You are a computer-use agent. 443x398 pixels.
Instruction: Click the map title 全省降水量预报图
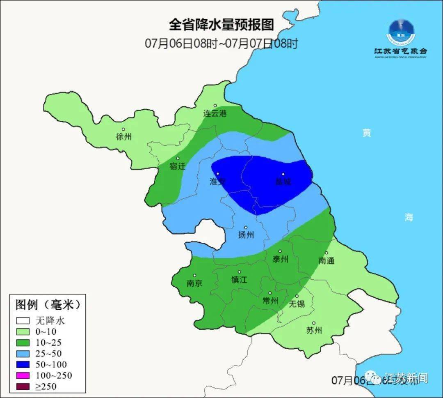click(221, 25)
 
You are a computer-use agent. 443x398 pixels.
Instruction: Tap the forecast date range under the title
click(221, 43)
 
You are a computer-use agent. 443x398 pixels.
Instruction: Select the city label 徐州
click(124, 137)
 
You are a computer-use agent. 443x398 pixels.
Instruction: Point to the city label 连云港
click(215, 113)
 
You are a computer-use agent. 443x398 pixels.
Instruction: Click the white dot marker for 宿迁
click(178, 159)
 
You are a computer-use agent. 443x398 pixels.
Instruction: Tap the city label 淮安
click(218, 182)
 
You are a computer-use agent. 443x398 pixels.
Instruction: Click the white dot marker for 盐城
click(283, 174)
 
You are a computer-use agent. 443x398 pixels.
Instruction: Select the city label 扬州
click(246, 235)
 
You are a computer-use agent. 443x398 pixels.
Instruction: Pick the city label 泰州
click(281, 259)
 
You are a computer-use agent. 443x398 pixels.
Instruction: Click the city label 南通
click(327, 260)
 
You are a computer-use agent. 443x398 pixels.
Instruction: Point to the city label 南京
click(194, 283)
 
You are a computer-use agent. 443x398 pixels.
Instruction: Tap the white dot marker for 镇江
click(240, 272)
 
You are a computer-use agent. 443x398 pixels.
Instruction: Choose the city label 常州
click(270, 301)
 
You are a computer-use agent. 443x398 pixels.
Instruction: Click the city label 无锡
click(297, 304)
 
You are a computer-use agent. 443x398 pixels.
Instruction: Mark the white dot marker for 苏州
click(314, 323)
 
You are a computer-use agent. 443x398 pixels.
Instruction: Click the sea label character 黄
click(366, 133)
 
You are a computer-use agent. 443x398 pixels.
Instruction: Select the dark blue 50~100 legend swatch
click(23, 364)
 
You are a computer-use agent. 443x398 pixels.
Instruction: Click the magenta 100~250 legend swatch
click(23, 375)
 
